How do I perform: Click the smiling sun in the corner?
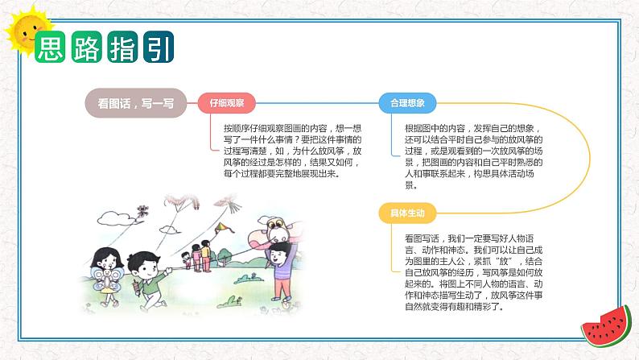coord(27,31)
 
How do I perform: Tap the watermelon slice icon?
coord(607,326)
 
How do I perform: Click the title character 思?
coord(50,47)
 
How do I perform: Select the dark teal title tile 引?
coord(159,47)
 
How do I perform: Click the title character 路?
coord(86,47)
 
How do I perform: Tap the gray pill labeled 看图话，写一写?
coord(136,103)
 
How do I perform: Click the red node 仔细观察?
coord(227,103)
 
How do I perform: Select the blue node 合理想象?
coord(407,103)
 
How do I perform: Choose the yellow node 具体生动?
coord(407,213)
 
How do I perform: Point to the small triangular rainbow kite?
coord(221,228)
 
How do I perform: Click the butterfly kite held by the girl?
coord(106,279)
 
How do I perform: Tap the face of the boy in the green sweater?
coord(145,267)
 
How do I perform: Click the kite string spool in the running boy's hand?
coord(137,288)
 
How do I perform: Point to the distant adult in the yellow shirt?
coord(206,255)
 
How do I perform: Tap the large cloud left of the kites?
coord(115,219)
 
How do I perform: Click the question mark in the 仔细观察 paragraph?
coord(297,139)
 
